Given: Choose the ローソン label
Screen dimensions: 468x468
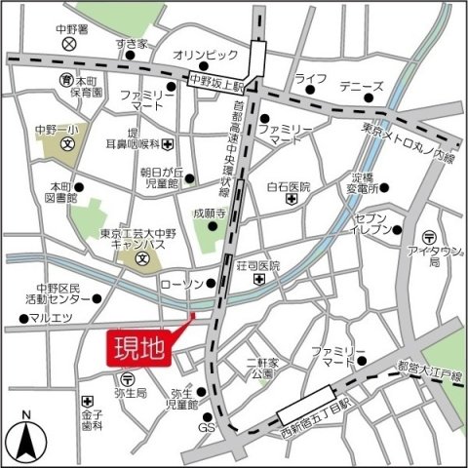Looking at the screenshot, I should tap(178, 284).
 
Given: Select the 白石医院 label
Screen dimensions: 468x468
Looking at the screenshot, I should tap(287, 186).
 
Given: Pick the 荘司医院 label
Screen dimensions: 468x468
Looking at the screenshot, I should tap(258, 264).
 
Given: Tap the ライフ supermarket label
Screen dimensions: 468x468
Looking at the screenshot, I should tap(310, 77).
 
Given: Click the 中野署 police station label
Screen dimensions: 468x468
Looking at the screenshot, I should tap(68, 28).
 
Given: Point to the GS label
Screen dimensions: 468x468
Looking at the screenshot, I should tap(206, 429).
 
